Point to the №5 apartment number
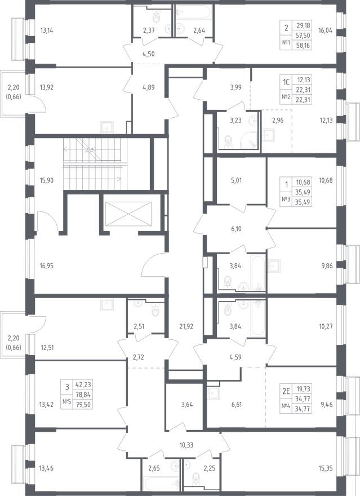(x=66, y=401)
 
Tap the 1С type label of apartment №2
(x=286, y=81)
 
